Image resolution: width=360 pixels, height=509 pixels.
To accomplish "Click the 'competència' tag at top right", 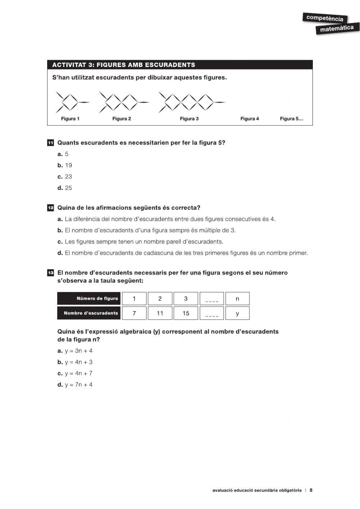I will point(325,18).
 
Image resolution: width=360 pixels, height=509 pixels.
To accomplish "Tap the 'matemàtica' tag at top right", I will point(337,28).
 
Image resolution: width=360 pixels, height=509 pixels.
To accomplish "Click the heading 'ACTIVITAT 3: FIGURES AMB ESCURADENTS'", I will point(123,65).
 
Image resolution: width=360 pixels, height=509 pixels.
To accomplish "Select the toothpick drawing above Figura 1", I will point(71,102).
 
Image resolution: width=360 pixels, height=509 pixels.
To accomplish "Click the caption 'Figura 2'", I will point(121,119).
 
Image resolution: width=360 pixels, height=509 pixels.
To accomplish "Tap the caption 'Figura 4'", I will point(249,119).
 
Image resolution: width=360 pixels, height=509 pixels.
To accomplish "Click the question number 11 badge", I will point(50,143).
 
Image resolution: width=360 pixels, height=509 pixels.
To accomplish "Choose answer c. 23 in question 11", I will point(65,177).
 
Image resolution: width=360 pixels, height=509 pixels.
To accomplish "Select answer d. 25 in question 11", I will point(65,188).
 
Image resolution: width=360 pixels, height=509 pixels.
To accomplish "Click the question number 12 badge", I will point(50,208).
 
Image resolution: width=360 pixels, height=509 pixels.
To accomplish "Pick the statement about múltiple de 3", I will point(147,230).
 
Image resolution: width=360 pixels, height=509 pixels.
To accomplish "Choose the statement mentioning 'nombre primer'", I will point(183,253).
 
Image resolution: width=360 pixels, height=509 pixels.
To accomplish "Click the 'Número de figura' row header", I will point(89,299).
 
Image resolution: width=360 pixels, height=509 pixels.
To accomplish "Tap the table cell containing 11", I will point(160,313).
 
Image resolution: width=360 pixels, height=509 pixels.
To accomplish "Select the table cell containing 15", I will point(186,313).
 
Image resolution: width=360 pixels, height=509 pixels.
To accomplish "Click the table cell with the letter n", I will point(237,299).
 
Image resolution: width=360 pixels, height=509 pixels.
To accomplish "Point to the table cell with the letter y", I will point(237,313).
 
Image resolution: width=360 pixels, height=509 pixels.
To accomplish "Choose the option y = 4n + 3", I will point(75,362).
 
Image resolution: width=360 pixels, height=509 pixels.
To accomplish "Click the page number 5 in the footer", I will point(311,490).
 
